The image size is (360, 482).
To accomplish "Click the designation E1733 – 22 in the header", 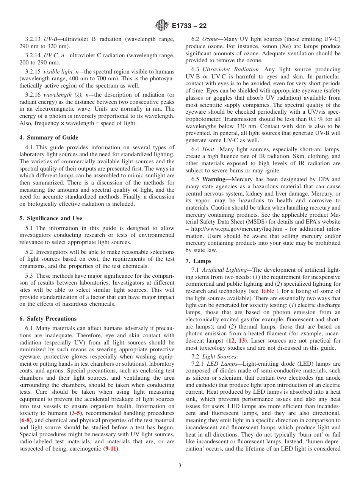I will pyautogui.click(x=189, y=26).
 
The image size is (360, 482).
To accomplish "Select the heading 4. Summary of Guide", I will pyautogui.click(x=49, y=138).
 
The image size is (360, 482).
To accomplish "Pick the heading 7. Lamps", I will pyautogui.click(x=198, y=261).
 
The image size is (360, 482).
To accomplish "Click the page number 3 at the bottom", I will pyautogui.click(x=180, y=466).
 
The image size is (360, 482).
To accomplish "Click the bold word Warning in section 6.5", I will pyautogui.click(x=216, y=179).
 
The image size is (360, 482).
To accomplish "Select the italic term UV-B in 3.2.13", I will pyautogui.click(x=51, y=39).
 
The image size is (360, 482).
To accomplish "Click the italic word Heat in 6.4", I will pyautogui.click(x=208, y=149).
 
